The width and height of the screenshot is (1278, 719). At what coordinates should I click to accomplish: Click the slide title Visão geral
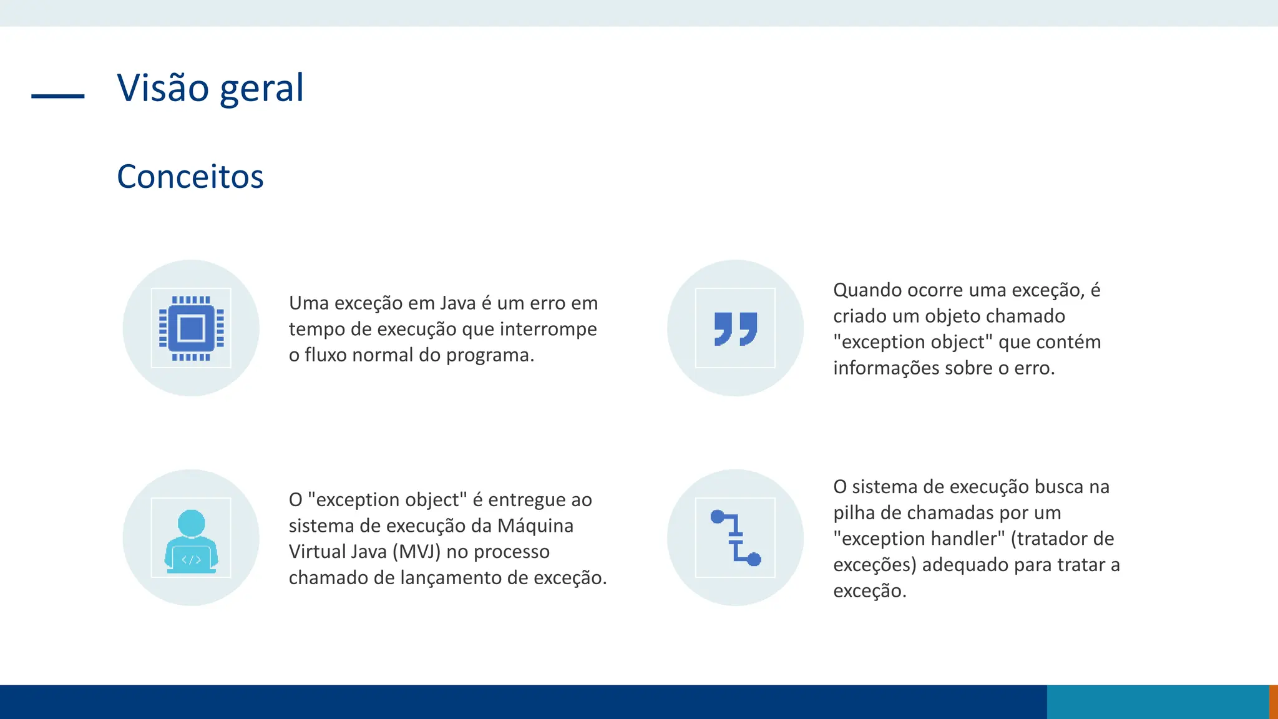(210, 88)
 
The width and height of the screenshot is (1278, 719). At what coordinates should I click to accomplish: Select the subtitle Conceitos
(190, 177)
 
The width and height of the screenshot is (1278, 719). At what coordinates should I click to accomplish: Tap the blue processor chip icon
(191, 328)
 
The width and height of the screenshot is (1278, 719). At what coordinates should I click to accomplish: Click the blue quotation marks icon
(735, 328)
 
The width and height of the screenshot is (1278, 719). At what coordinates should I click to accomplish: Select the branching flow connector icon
(735, 538)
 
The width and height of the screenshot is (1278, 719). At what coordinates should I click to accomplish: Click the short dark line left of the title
(57, 96)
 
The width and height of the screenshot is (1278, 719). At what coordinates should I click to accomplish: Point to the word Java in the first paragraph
(457, 303)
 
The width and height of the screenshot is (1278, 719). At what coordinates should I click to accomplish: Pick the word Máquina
(535, 526)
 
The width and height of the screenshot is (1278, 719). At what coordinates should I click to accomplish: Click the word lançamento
(451, 578)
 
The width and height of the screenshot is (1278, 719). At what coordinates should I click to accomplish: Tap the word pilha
(851, 513)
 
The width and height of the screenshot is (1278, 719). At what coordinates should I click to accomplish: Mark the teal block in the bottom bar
(1158, 702)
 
